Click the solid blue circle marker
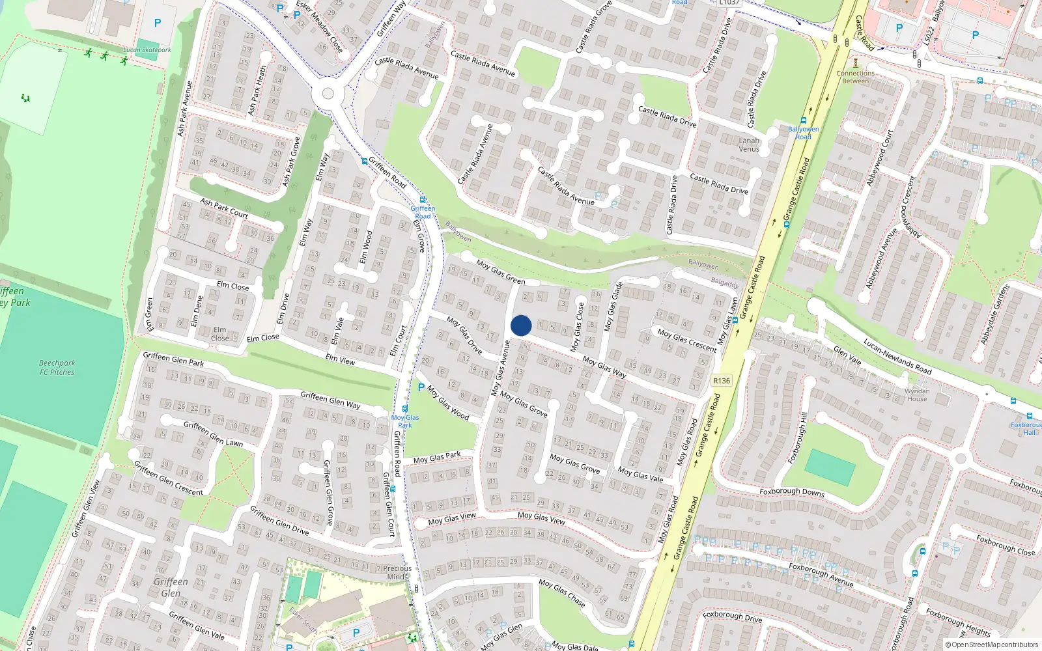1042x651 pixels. point(521,325)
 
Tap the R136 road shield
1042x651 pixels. point(721,381)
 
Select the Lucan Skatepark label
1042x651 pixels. point(147,49)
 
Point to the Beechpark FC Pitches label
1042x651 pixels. point(57,368)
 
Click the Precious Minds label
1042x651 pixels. point(397,572)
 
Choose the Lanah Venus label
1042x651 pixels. point(749,145)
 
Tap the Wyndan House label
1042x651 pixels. point(917,395)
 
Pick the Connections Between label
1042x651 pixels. point(855,77)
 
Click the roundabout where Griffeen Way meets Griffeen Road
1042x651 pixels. point(328,94)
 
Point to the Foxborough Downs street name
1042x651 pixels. point(792,492)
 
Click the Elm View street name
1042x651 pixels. point(340,359)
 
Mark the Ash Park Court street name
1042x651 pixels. point(224,208)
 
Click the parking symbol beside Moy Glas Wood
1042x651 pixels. point(421,387)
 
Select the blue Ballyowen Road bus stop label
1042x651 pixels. point(804,133)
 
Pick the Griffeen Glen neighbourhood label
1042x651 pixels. point(171,587)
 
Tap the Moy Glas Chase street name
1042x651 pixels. point(562,592)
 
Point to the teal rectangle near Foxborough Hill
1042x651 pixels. point(830,467)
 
